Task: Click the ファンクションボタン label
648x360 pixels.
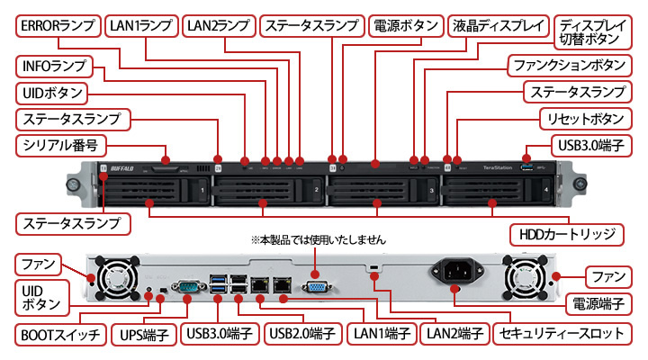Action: (567, 67)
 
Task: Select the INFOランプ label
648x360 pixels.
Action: (55, 67)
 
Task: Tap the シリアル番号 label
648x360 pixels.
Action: (60, 145)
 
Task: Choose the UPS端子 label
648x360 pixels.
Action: (146, 333)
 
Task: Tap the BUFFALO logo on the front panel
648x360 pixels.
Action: (121, 167)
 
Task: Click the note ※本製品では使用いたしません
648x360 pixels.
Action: (318, 240)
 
